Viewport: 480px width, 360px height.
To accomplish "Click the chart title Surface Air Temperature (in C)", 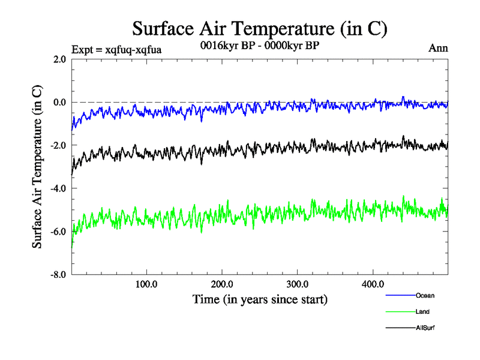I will click(x=259, y=28).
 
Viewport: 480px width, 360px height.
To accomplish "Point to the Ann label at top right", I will click(x=438, y=49).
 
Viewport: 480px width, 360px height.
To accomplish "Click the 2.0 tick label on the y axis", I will click(x=59, y=59).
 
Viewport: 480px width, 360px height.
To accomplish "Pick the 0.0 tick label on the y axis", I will click(x=59, y=103).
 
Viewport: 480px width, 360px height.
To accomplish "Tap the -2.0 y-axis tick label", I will click(x=58, y=146).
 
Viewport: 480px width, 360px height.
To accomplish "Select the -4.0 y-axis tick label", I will click(x=58, y=189).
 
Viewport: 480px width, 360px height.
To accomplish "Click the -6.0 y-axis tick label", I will click(x=58, y=232).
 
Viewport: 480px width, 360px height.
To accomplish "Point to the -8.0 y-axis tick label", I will click(x=58, y=275).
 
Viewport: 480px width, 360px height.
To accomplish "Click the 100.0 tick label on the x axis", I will click(x=146, y=284).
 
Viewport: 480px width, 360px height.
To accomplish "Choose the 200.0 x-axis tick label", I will click(x=222, y=284).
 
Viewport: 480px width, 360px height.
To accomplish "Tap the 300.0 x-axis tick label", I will click(x=298, y=284).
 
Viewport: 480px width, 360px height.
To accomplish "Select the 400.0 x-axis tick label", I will click(x=373, y=284).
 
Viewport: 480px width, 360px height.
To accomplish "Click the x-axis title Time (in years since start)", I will click(x=260, y=299).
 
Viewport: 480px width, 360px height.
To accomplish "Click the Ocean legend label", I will click(x=425, y=295).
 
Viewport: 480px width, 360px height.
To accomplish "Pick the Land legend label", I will click(x=422, y=311).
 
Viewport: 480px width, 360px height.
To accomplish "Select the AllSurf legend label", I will click(x=425, y=328).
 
